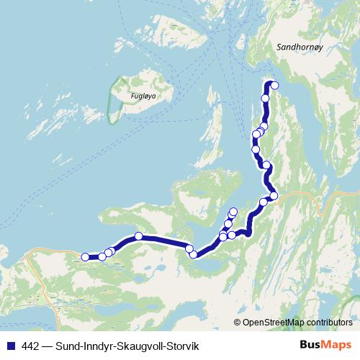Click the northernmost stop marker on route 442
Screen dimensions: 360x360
(x=274, y=85)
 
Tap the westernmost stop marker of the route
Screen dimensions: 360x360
(x=85, y=256)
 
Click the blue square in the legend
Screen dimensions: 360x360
(x=11, y=346)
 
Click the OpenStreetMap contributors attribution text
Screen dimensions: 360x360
(x=297, y=323)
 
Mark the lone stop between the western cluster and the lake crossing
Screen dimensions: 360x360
(x=138, y=236)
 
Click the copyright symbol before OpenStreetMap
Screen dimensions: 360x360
(x=238, y=323)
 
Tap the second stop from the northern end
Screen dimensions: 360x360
(x=265, y=98)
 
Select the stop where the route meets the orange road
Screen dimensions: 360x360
(x=274, y=195)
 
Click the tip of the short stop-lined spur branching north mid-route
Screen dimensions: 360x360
(x=233, y=211)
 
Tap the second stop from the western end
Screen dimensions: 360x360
(x=102, y=256)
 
